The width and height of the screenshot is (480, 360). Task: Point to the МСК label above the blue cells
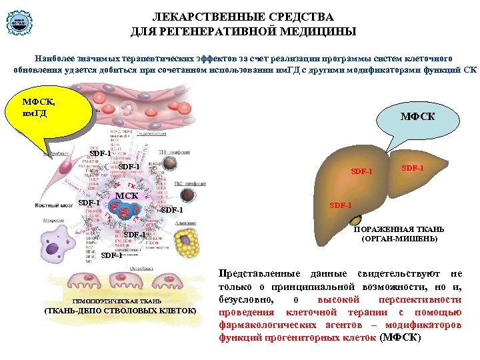(x=127, y=196)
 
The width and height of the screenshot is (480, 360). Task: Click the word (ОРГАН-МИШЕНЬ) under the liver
(x=399, y=238)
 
